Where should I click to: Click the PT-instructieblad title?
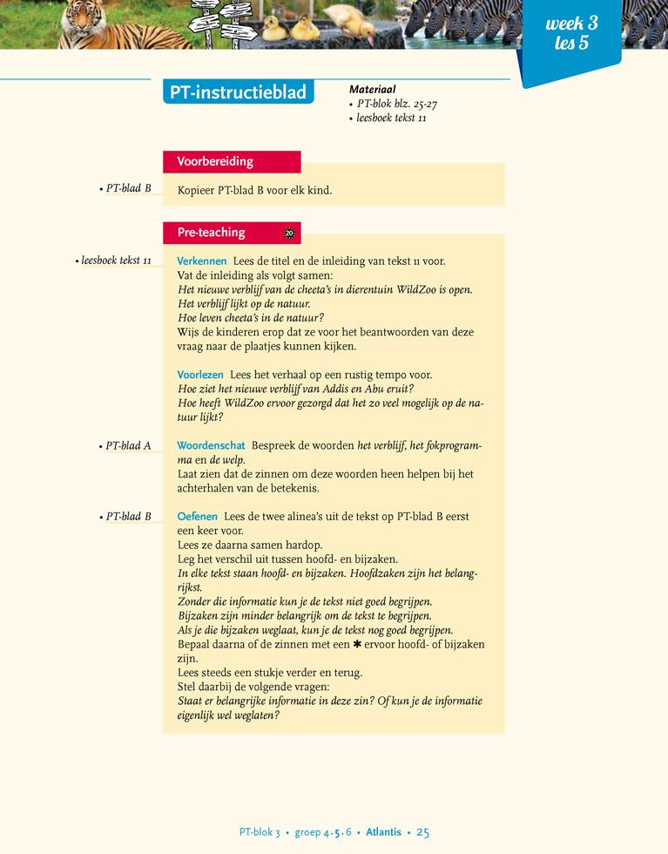click(x=238, y=92)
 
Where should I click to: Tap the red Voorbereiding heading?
click(x=215, y=161)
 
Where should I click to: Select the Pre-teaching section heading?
click(x=211, y=233)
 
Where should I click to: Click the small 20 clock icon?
click(x=289, y=233)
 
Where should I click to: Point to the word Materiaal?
click(x=372, y=89)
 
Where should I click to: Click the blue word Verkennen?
click(x=202, y=261)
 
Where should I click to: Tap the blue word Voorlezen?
click(x=200, y=375)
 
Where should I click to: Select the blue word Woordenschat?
click(x=211, y=445)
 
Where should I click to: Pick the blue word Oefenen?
click(x=197, y=516)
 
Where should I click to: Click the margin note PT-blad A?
click(x=127, y=446)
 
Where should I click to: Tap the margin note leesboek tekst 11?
click(x=115, y=261)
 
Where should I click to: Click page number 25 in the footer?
click(x=422, y=832)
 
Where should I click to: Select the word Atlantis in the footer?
click(x=383, y=832)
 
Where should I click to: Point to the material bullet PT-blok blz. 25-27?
click(x=396, y=104)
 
